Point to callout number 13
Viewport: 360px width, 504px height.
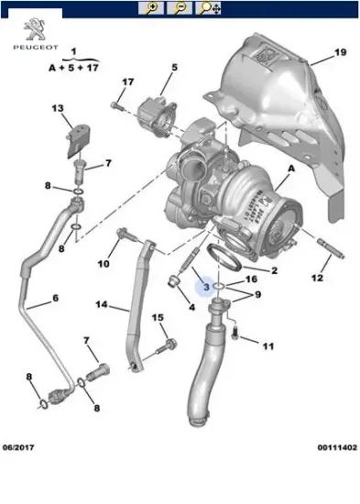pyautogui.click(x=57, y=109)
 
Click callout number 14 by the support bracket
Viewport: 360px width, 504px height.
pyautogui.click(x=101, y=305)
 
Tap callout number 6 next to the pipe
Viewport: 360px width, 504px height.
pyautogui.click(x=54, y=300)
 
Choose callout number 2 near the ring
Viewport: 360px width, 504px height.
pyautogui.click(x=272, y=270)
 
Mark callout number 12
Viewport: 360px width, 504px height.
pyautogui.click(x=316, y=278)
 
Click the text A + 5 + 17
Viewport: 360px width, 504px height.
pyautogui.click(x=72, y=67)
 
